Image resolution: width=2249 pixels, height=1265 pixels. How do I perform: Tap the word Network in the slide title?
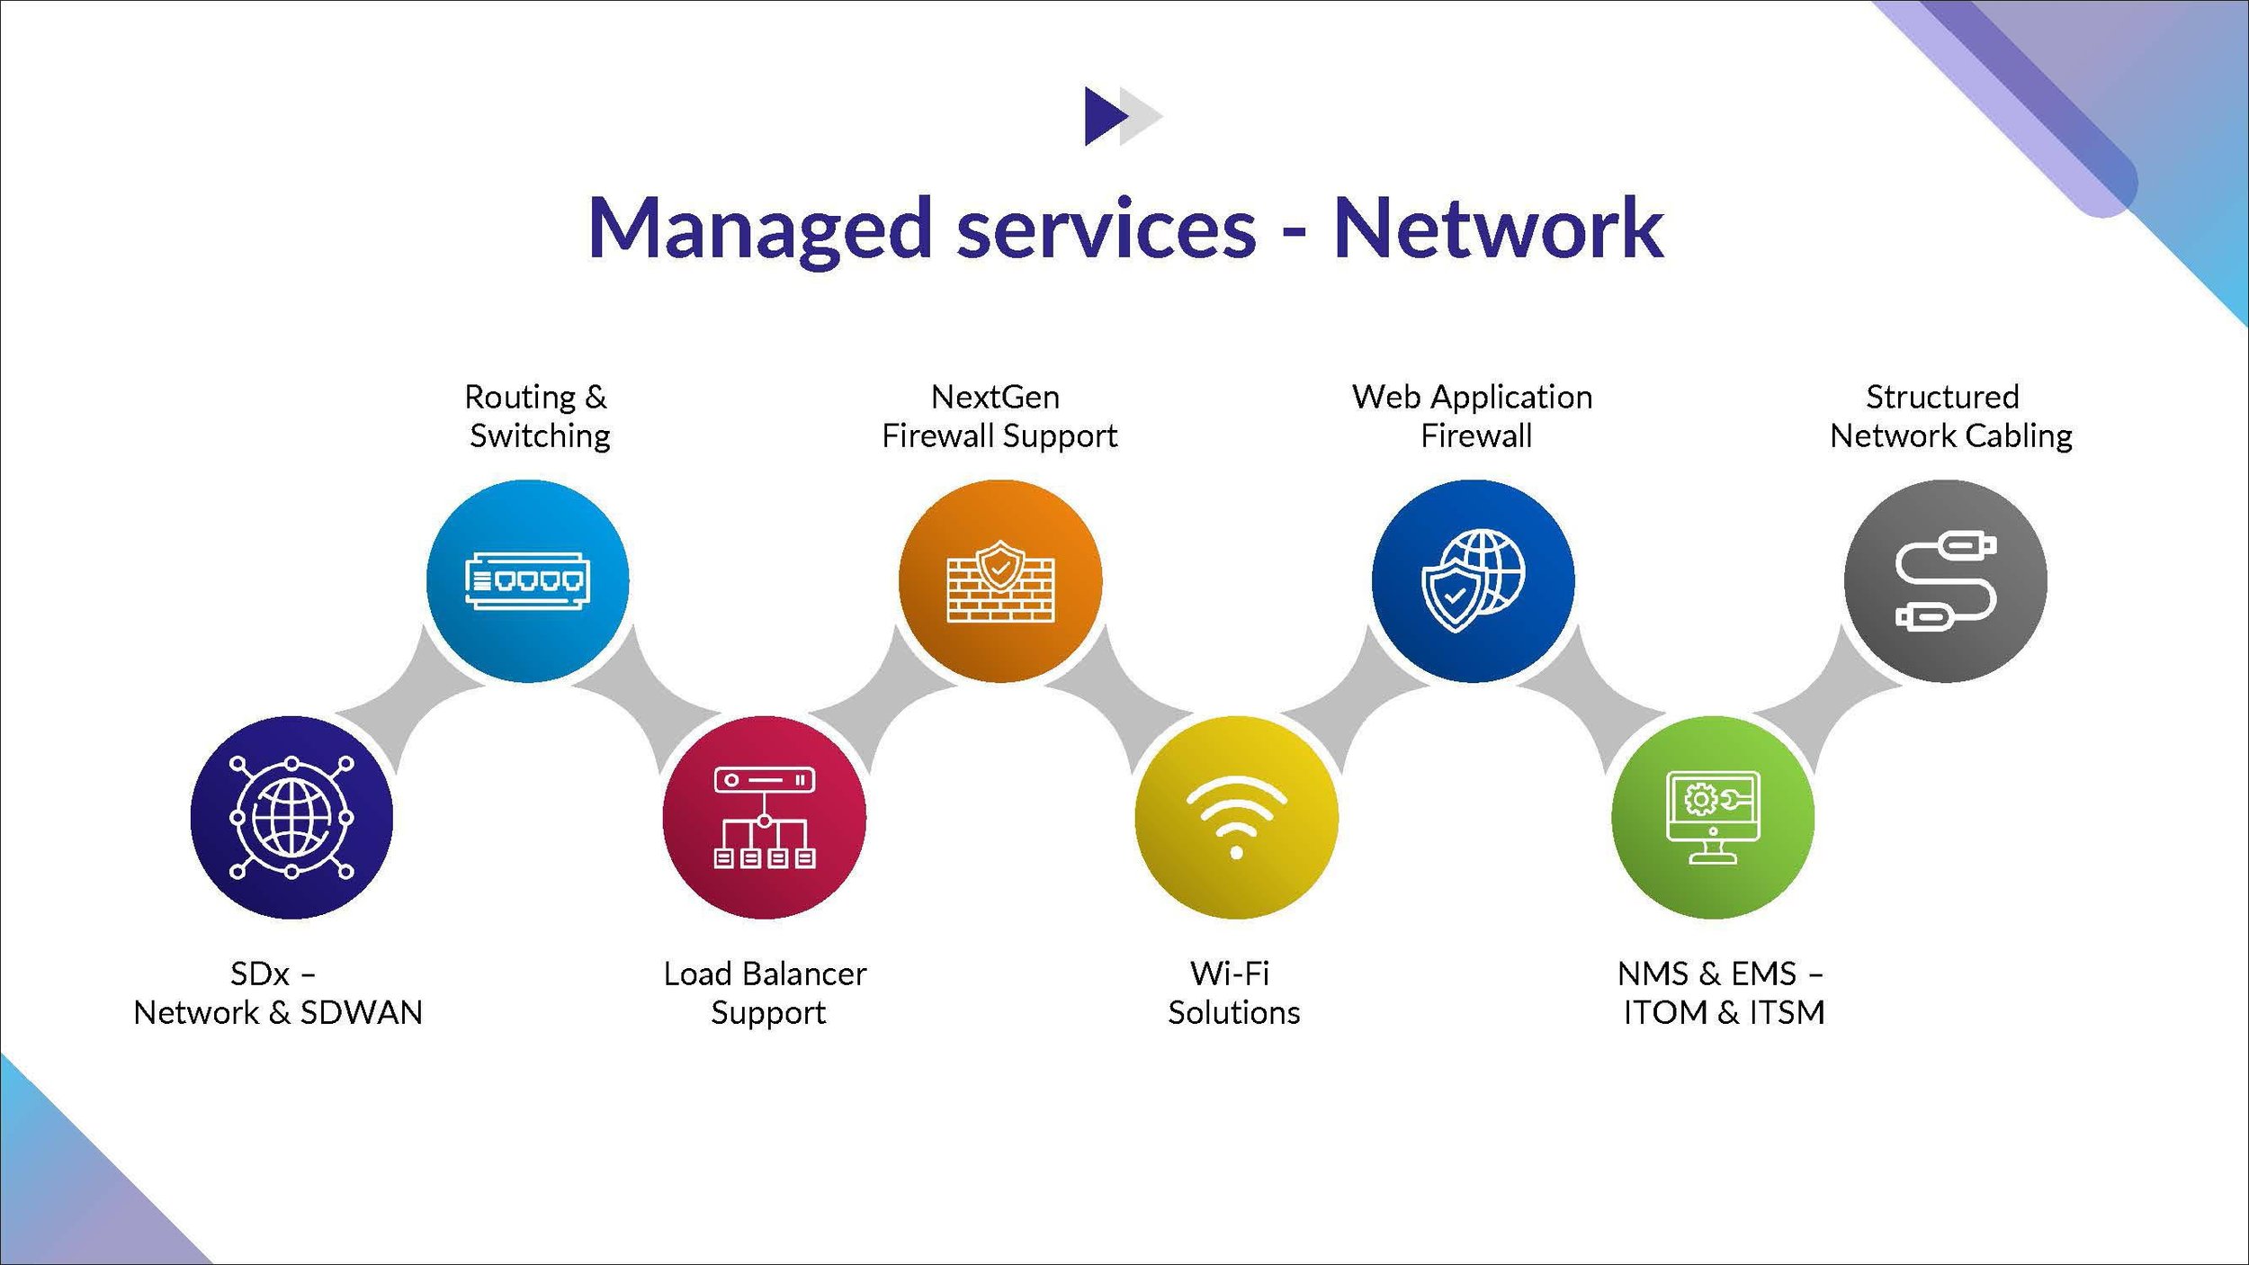pos(1498,229)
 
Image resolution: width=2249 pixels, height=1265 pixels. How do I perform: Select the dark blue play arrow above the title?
pos(1105,116)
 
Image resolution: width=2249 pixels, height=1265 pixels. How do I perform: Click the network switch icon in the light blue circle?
pos(528,581)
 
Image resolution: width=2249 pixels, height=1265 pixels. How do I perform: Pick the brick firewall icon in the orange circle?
pos(1000,581)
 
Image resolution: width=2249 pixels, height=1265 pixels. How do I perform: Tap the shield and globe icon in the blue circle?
pos(1473,581)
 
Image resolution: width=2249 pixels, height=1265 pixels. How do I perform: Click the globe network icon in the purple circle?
pos(291,817)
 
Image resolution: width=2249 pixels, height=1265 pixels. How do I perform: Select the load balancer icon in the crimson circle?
pos(765,817)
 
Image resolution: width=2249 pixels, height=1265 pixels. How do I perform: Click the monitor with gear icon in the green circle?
pos(1713,817)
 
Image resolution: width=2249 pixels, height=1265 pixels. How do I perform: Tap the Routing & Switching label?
pos(538,416)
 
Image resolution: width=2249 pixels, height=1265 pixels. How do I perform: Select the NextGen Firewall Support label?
pos(999,416)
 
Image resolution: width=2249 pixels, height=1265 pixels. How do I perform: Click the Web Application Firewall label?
pos(1474,416)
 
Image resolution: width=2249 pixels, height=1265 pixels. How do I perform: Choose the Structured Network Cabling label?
pos(1949,416)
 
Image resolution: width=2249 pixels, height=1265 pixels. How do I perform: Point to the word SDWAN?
pos(361,1013)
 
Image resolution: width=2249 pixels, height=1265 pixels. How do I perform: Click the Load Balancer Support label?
pos(766,993)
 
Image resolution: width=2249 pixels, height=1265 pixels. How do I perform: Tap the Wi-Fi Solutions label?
pos(1233,993)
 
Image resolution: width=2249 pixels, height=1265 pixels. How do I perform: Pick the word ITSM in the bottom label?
pos(1787,1013)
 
